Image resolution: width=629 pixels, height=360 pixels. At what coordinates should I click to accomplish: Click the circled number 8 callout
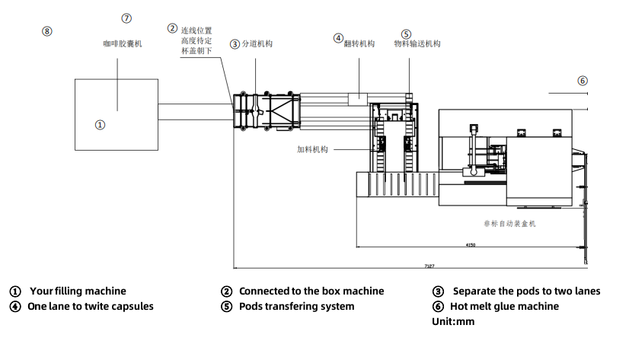click(x=47, y=31)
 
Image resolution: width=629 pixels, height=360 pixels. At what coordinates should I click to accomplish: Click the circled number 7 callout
click(x=126, y=18)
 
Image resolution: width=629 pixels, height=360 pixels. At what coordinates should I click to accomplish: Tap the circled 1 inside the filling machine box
click(x=100, y=125)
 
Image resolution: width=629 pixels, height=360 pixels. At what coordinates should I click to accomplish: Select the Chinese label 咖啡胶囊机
click(x=123, y=43)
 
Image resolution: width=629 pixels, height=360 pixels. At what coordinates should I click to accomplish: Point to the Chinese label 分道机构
click(x=257, y=43)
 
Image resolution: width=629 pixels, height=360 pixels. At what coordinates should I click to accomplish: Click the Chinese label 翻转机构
click(x=359, y=43)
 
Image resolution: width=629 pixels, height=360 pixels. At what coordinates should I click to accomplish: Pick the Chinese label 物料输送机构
click(x=417, y=43)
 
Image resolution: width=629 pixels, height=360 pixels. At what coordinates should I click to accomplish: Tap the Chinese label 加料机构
click(x=312, y=149)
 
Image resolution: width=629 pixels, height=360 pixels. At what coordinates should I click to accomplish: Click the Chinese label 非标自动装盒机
click(x=510, y=224)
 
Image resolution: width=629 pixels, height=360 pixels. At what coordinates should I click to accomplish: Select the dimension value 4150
click(x=471, y=245)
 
